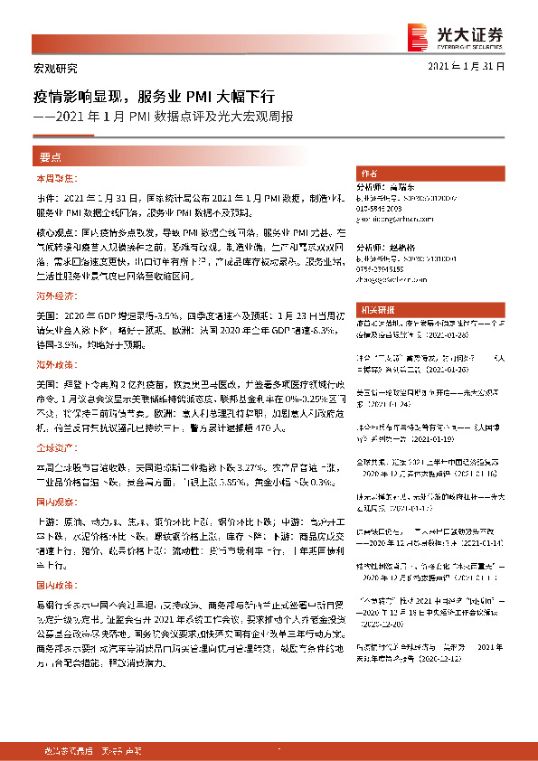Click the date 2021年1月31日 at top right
(466, 68)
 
